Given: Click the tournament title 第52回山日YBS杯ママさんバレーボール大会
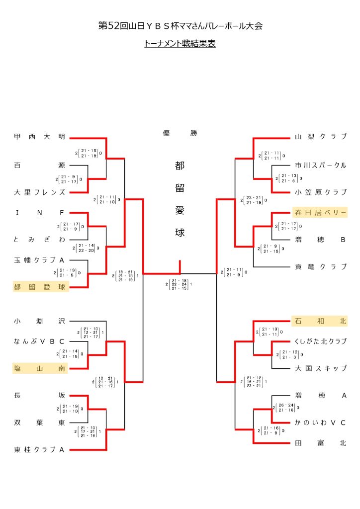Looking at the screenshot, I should click(180, 26).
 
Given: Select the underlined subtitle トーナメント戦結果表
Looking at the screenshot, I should click(180, 44).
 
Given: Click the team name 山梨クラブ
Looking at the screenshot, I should click(320, 137).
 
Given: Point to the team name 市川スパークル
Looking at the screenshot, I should click(320, 165).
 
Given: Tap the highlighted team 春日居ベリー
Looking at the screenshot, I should click(320, 213).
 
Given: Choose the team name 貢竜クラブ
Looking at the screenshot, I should click(320, 266).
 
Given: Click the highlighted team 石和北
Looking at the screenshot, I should click(320, 321).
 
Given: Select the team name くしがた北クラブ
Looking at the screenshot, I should click(320, 341).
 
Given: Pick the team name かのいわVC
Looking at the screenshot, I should click(320, 423).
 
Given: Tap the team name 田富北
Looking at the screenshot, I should click(320, 443).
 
